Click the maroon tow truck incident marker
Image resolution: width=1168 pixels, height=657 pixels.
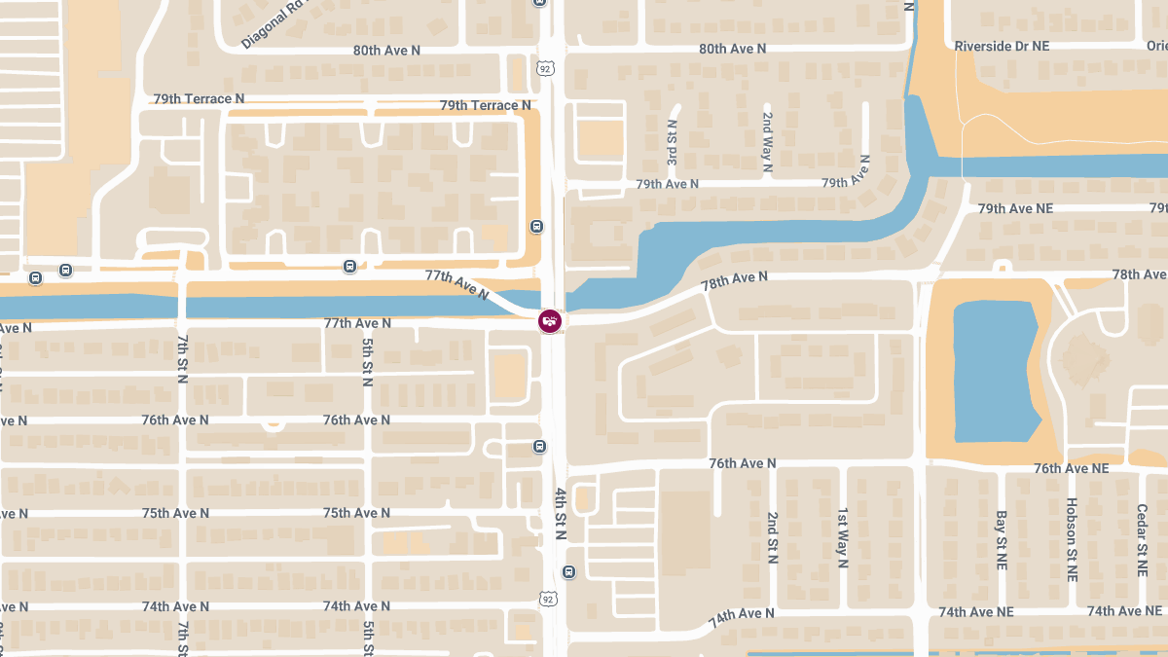550,321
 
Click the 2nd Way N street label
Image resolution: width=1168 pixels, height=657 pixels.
767,143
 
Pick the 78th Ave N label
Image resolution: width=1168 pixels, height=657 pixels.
735,279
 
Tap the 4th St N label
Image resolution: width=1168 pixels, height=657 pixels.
561,517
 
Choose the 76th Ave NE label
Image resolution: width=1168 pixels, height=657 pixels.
1071,468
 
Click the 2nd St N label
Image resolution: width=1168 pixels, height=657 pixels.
772,538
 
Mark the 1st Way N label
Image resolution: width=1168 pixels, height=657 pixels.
843,536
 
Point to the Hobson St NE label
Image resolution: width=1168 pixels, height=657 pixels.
1072,539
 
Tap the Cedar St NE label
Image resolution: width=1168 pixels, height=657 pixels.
1143,539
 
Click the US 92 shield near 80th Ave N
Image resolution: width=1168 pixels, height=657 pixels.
545,69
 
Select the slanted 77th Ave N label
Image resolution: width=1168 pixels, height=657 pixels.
457,284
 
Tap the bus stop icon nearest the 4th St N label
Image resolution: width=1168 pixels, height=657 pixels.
568,571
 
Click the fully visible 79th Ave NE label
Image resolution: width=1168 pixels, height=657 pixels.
1015,208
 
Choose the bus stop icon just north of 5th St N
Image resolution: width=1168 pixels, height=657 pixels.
349,266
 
